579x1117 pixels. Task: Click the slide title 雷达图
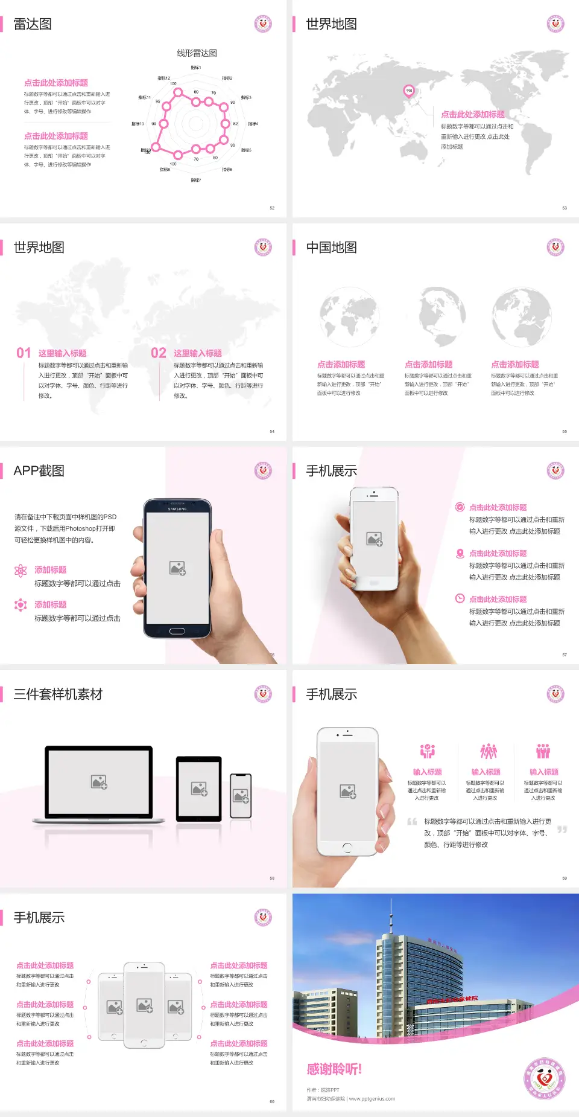click(x=33, y=24)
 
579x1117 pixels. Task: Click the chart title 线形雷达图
click(x=197, y=53)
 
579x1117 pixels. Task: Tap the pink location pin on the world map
click(x=409, y=91)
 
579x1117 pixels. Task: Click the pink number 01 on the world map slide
click(x=24, y=353)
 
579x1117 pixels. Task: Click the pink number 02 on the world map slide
click(x=159, y=353)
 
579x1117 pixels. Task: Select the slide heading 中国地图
click(x=331, y=248)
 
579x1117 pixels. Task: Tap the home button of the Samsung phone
click(x=177, y=631)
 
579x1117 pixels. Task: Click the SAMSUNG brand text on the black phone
click(x=177, y=509)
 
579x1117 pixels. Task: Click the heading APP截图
click(x=39, y=471)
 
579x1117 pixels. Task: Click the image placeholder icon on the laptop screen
click(x=99, y=782)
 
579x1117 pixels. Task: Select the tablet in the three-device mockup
click(x=199, y=788)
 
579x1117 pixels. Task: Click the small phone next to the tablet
click(x=241, y=796)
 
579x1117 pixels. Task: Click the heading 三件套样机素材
click(x=58, y=694)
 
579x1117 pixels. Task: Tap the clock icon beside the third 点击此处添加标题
click(x=460, y=598)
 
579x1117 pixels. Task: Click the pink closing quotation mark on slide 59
click(x=562, y=830)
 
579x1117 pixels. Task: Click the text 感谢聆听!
click(x=334, y=1069)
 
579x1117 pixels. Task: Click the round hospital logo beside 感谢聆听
click(x=545, y=1078)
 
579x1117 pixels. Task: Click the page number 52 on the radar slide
click(x=272, y=208)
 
